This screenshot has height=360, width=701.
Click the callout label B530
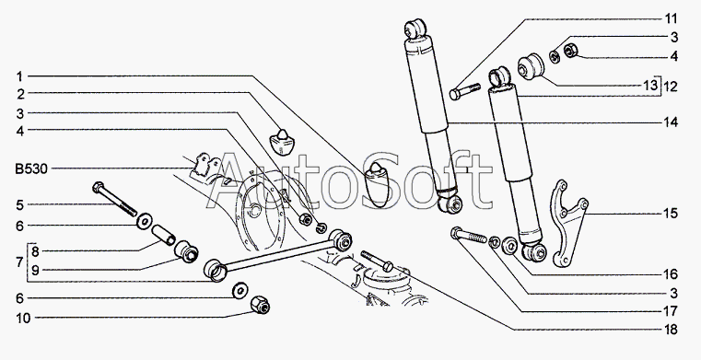click(31, 169)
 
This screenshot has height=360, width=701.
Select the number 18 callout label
click(672, 330)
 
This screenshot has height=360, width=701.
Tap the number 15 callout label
click(672, 214)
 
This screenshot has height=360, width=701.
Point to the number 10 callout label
click(23, 318)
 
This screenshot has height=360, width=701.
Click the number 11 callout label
click(671, 18)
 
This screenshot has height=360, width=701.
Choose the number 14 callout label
click(672, 122)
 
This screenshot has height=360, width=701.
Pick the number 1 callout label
click(19, 76)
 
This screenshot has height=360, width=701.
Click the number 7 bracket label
click(19, 262)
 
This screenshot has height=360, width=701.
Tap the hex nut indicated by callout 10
click(260, 305)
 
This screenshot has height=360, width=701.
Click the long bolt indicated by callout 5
click(115, 199)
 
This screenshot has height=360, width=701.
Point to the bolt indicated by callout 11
click(465, 91)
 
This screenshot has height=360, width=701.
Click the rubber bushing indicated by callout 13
click(531, 66)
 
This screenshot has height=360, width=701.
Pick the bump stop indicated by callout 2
click(282, 142)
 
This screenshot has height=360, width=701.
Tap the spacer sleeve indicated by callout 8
click(164, 236)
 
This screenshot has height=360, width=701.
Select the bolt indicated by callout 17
click(470, 235)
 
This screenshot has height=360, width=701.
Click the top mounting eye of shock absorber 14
click(415, 28)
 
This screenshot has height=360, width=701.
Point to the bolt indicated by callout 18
click(377, 261)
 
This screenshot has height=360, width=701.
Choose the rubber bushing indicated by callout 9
click(186, 252)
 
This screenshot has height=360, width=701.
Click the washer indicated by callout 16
click(509, 246)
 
